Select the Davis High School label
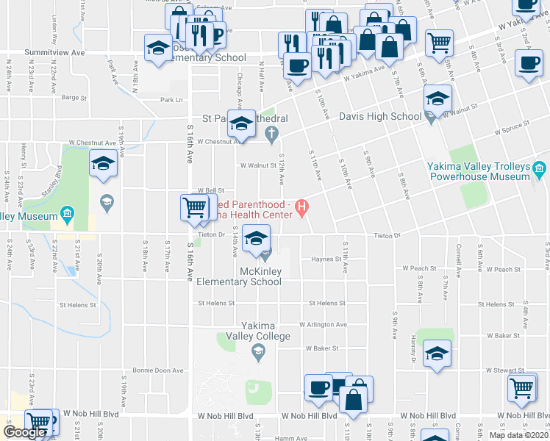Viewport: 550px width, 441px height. (x=379, y=116)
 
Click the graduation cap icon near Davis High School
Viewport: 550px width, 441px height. (x=438, y=98)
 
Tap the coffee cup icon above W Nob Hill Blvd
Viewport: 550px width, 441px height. (x=319, y=387)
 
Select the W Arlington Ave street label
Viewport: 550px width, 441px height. (x=323, y=324)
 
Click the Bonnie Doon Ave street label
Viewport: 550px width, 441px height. (x=157, y=370)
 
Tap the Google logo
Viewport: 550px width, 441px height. (x=24, y=432)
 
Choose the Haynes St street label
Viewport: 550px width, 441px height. (x=323, y=259)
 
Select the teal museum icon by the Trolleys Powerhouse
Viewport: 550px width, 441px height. (x=540, y=171)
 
